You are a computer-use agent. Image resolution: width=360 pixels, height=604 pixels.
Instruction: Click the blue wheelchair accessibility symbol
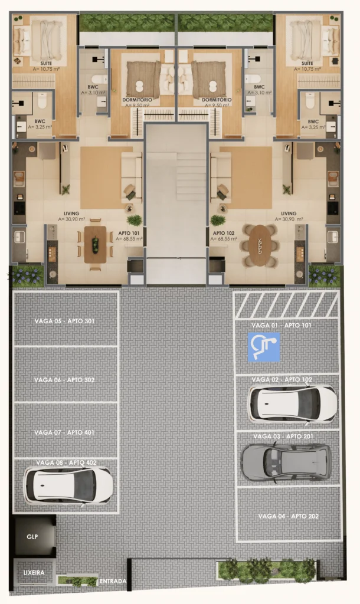tap(264, 347)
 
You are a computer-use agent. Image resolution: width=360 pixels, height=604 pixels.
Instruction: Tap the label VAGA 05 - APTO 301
tap(64, 321)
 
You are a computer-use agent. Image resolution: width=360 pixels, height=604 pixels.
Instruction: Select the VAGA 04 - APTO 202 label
tap(289, 516)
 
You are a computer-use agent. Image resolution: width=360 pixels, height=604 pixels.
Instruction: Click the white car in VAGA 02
tap(293, 403)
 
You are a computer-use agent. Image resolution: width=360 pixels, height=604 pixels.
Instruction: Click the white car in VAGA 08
tap(68, 485)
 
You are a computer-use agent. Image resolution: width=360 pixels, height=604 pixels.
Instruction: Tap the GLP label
tap(32, 537)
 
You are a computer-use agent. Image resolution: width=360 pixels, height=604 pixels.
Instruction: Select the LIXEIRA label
tap(34, 573)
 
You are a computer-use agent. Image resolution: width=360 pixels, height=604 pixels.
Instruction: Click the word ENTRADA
tap(113, 581)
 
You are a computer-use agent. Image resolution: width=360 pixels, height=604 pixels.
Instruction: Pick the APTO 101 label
tap(129, 233)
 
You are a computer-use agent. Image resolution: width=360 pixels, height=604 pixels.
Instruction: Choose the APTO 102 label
tap(224, 233)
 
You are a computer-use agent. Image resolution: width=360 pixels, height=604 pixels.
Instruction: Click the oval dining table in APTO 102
tap(260, 246)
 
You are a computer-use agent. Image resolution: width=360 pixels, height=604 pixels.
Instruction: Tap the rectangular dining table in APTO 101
tap(95, 245)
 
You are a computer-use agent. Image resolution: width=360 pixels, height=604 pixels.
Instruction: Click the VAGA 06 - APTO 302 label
tap(64, 380)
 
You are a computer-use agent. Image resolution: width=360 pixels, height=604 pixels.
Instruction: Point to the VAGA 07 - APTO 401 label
tap(64, 432)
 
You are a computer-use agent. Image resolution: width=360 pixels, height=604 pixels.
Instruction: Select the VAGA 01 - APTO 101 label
tap(282, 326)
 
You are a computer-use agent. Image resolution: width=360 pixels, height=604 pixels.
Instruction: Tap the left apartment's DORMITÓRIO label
tap(138, 100)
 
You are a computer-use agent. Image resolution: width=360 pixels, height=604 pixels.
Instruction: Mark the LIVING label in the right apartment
tap(289, 214)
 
